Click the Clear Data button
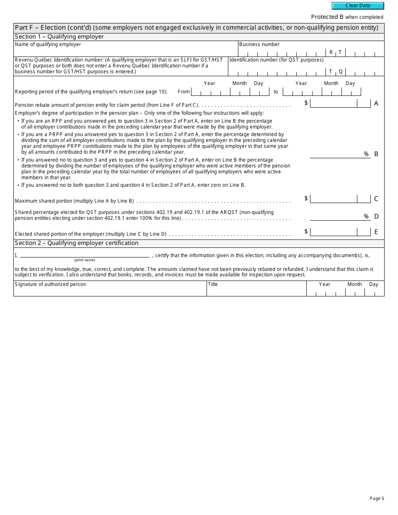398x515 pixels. click(358, 6)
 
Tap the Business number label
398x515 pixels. click(259, 44)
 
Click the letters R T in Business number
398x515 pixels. click(336, 52)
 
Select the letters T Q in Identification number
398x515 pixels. click(336, 72)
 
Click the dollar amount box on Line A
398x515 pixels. click(333, 103)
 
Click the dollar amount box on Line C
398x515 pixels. click(333, 199)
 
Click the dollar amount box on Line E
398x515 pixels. click(333, 232)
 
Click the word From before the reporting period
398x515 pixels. click(183, 92)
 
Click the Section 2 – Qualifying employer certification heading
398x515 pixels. click(76, 243)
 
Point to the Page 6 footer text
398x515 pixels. click(377, 498)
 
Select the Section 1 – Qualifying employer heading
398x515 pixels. click(59, 37)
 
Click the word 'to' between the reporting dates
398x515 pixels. click(276, 92)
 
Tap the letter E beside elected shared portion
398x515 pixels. click(376, 232)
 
